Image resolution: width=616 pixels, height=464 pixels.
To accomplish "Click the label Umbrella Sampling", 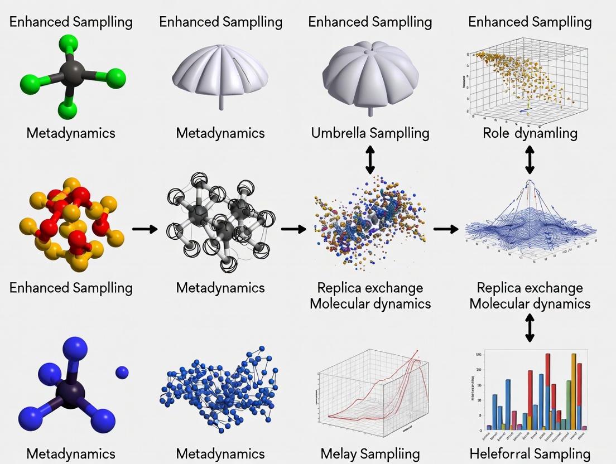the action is pos(370,133).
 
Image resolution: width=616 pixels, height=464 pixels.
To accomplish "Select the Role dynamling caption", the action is pos(530,133).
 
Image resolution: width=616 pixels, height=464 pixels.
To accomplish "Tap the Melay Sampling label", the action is pos(370,453).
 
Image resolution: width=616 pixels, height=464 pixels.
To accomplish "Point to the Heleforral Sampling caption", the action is pos(530,453).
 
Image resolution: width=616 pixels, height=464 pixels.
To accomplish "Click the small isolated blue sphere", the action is pos(122,372).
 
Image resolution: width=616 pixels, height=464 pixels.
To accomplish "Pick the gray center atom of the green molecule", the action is pos(72,73).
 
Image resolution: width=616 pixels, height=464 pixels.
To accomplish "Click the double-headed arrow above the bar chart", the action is pos(530,328).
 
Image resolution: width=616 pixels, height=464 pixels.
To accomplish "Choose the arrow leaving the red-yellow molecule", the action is pos(145,229).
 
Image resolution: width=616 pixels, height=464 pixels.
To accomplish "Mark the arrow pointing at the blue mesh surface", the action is pos(445,229).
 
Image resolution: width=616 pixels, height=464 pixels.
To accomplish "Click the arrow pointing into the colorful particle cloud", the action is pos(293,229).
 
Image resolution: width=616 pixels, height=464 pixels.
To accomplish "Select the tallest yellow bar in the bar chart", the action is pos(573,390).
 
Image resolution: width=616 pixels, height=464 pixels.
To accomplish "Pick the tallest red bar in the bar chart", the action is pos(548,390).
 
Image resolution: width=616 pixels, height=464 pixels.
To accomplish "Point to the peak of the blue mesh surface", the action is pos(528,184).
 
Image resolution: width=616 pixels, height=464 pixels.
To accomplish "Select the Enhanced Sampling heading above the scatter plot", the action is pos(530,22).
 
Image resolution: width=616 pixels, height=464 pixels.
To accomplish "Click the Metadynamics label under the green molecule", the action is pos(71,133).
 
